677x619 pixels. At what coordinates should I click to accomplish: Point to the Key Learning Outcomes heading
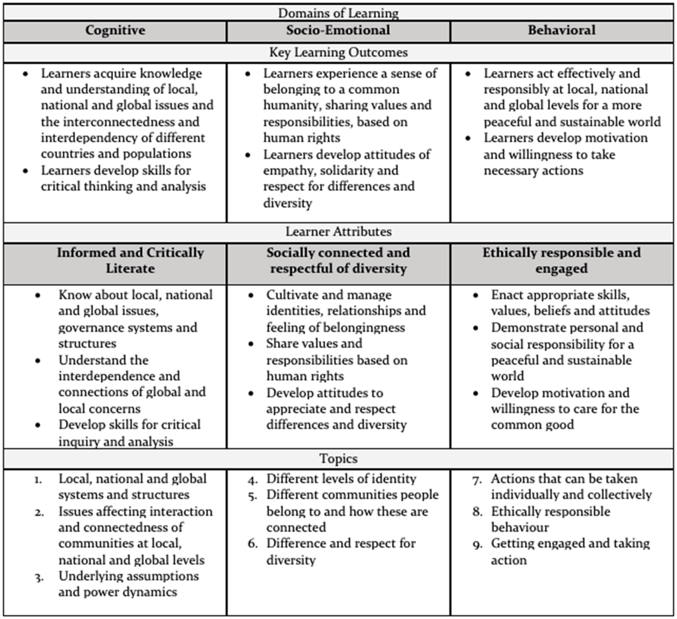coord(338,53)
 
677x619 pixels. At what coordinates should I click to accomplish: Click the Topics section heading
coord(338,458)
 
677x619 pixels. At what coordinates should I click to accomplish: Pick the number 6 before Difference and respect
coord(253,544)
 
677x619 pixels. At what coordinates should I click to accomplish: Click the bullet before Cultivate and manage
coord(251,296)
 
